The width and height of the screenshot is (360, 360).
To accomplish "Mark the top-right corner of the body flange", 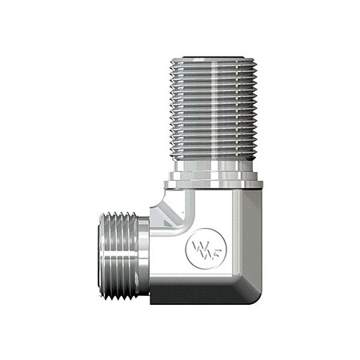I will [261, 185].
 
